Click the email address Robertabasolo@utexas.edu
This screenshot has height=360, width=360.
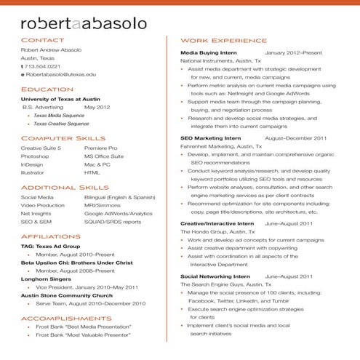tap(62, 75)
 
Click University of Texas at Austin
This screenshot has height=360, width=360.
tap(61, 98)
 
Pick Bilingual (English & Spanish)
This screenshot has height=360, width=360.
tap(119, 196)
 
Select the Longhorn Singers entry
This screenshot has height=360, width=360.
tap(44, 277)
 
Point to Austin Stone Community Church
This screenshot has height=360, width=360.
tap(67, 295)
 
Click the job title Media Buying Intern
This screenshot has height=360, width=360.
tap(211, 53)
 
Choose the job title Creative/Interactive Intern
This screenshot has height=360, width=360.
tap(217, 223)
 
